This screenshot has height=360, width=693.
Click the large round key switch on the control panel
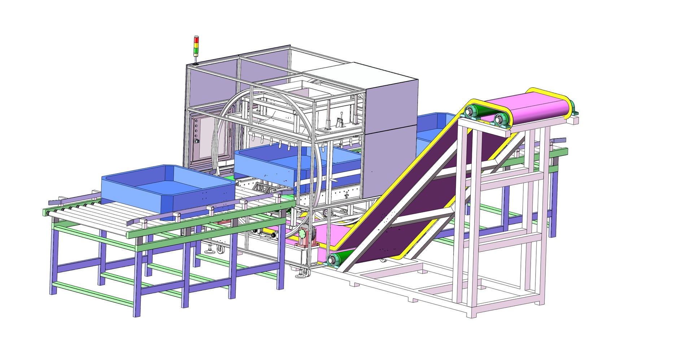[x=197, y=141]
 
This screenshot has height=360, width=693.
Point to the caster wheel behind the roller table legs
[x=219, y=249]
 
